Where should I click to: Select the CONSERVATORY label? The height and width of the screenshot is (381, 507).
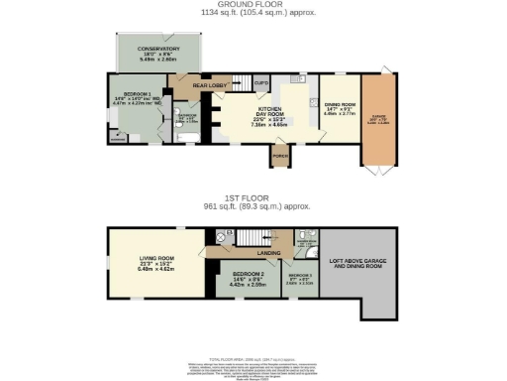158,49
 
